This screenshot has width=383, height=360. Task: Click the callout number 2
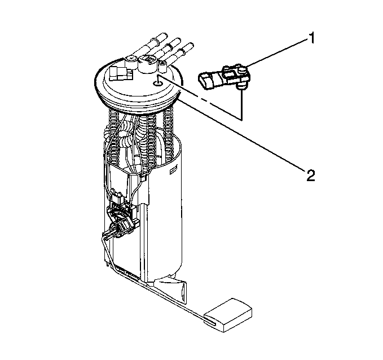click(311, 175)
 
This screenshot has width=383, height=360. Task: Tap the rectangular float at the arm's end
click(228, 315)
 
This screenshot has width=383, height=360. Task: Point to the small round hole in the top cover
click(157, 84)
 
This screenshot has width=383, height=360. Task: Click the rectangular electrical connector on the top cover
click(121, 73)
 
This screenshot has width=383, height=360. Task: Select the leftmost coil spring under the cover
click(113, 137)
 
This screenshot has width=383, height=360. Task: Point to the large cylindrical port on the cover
click(147, 64)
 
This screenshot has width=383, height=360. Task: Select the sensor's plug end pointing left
click(205, 81)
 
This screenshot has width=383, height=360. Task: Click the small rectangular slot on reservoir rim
click(174, 170)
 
